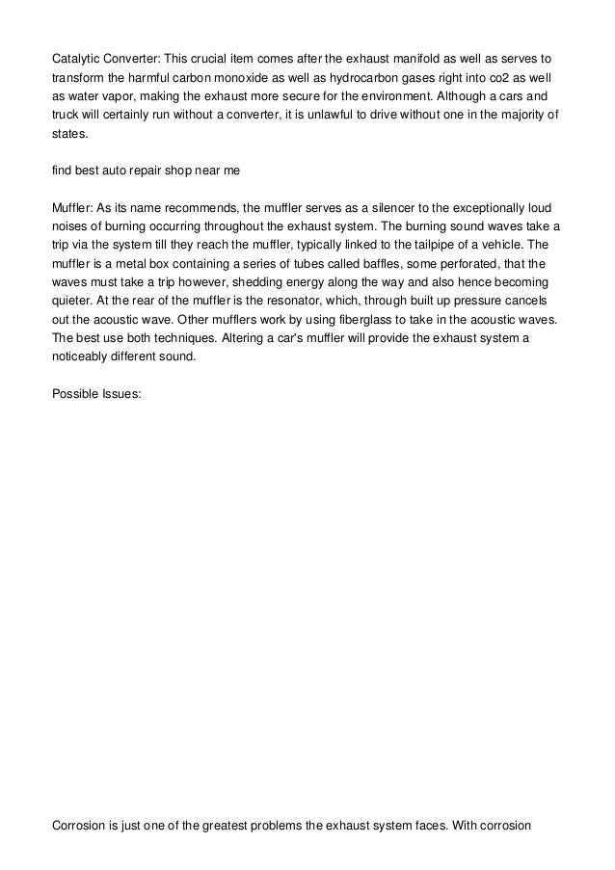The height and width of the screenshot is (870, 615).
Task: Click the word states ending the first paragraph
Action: click(x=68, y=137)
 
